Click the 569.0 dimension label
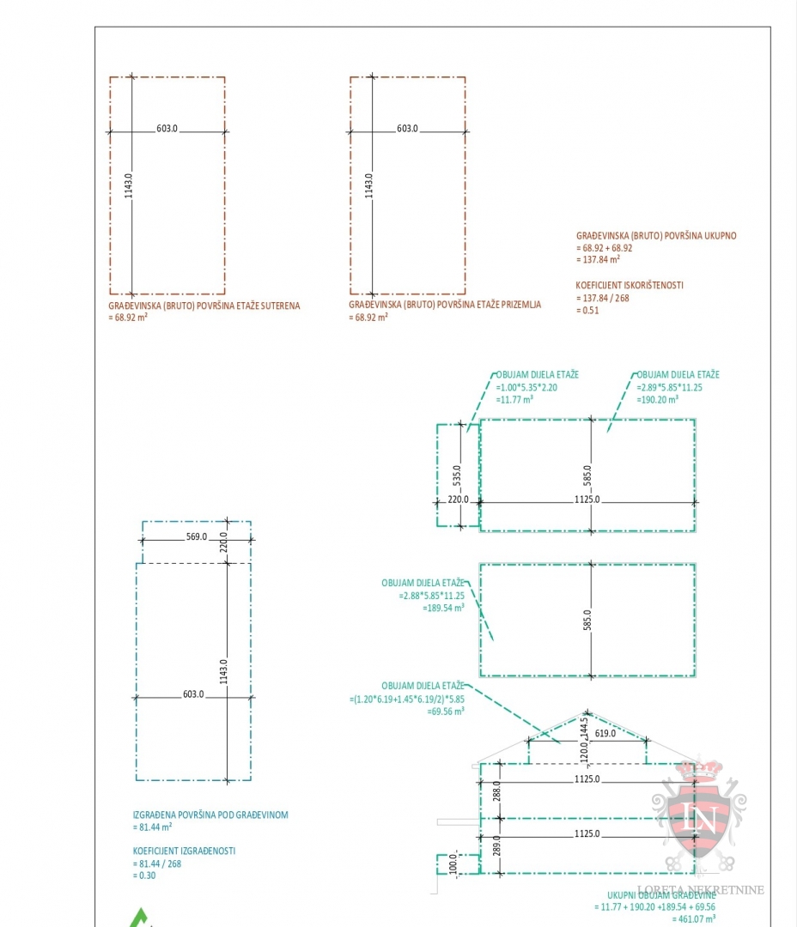pos(197,536)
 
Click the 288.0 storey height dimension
pos(496,790)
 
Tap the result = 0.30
pos(144,875)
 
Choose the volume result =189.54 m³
pos(444,607)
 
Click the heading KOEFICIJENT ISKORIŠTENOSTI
pos(630,285)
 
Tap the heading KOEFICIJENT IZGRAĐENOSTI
pos(184,851)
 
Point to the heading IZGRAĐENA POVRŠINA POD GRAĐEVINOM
pos(210,815)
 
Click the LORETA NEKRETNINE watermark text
pos(700,890)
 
